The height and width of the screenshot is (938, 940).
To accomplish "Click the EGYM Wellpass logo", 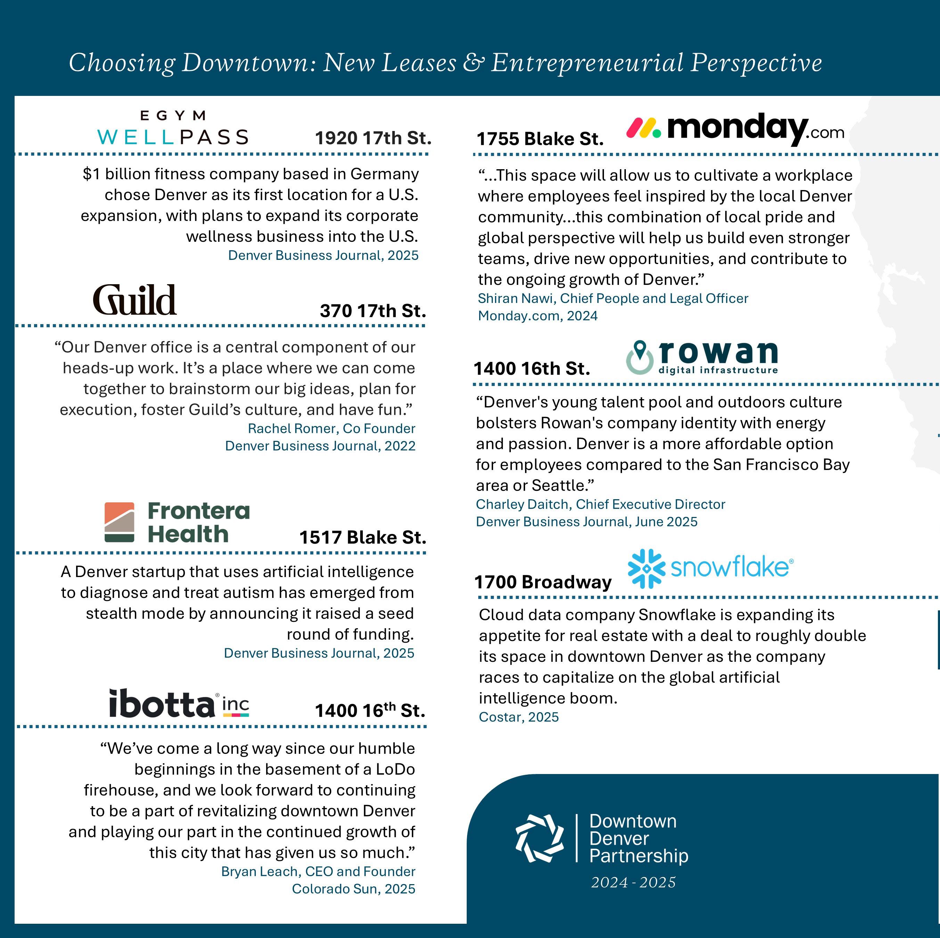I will [173, 128].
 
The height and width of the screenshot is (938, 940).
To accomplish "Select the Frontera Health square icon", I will [119, 522].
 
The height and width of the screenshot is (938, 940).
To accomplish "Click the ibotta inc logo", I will [179, 703].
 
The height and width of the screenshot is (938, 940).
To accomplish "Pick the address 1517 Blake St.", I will [362, 537].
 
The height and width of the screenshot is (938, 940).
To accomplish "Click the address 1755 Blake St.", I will [540, 139].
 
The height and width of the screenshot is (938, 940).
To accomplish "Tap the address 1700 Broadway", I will [542, 582].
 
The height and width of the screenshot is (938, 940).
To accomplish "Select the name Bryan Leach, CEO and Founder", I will [318, 871].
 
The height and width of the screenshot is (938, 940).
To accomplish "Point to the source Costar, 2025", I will [519, 717].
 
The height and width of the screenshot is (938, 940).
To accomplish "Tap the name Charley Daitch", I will [523, 504].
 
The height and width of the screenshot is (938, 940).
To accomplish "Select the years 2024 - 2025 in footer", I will [633, 882].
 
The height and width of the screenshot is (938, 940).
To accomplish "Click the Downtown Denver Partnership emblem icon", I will [539, 838].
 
